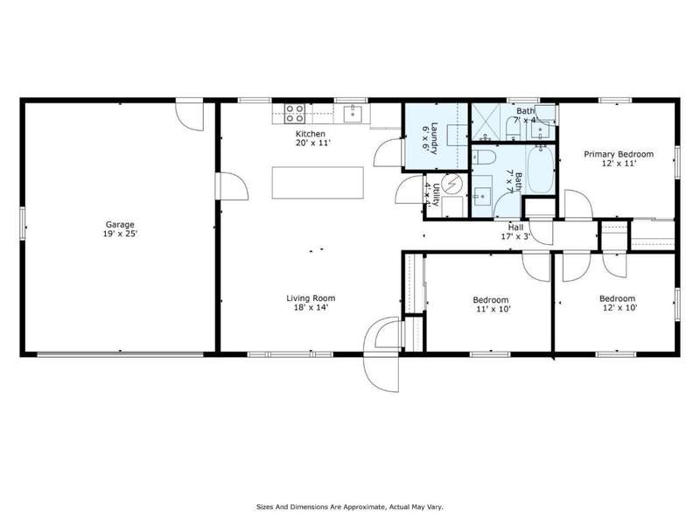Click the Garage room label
coord(120,225)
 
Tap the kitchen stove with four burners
coord(295,114)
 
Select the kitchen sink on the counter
coord(353,114)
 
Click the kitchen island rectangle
coord(318,183)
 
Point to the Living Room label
coord(311,298)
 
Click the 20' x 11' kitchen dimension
coord(312,143)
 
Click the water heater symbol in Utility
coord(452,183)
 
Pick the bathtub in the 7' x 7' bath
coord(540,170)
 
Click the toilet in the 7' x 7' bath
coord(485,157)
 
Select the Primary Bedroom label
coord(619,154)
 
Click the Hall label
coord(515,227)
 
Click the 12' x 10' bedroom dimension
coord(619,308)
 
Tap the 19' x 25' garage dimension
coord(120,234)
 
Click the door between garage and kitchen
coord(232,186)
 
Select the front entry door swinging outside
coord(381,373)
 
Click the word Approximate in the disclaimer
coord(362,507)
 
